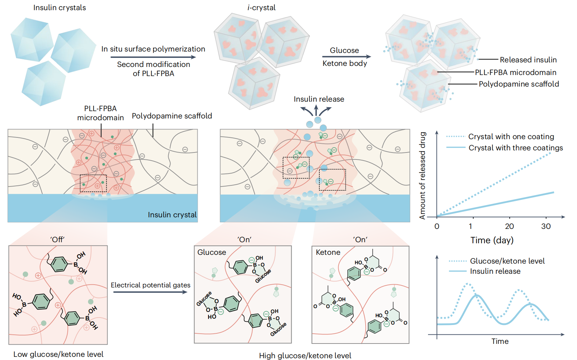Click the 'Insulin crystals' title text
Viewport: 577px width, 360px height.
point(60,8)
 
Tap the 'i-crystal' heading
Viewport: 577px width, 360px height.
point(262,8)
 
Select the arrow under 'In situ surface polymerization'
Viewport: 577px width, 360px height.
point(153,57)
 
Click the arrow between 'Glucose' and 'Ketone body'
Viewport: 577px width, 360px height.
point(346,57)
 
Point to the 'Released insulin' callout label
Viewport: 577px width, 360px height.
point(528,60)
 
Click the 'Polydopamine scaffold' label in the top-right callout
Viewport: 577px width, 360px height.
point(519,84)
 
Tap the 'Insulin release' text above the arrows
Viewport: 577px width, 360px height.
point(319,99)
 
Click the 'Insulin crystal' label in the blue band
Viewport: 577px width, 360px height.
point(172,215)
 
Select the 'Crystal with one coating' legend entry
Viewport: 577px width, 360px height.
point(511,136)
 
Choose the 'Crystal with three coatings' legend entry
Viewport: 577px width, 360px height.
point(516,148)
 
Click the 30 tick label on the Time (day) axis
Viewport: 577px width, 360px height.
point(546,226)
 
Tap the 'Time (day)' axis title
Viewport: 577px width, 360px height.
point(492,240)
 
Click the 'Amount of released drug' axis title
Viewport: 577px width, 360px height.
point(422,176)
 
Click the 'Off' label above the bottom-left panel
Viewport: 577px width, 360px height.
point(57,240)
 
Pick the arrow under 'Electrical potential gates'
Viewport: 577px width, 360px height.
point(150,292)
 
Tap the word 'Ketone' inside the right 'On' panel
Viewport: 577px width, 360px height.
point(328,252)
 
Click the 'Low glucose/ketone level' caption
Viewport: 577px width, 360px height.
point(59,354)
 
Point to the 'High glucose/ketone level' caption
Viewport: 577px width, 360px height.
point(305,356)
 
